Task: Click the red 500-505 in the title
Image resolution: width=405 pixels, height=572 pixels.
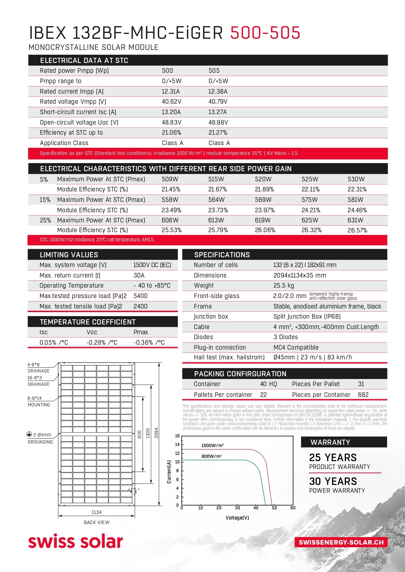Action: coord(265,33)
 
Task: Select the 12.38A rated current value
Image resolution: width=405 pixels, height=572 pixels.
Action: coord(218,91)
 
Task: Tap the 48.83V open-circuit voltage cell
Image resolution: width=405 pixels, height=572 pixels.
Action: coord(171,122)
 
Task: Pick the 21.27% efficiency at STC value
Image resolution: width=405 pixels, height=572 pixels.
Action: coord(218,133)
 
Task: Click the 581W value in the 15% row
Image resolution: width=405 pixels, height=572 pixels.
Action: coord(355,200)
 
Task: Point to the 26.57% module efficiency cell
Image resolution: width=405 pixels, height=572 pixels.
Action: coord(357,230)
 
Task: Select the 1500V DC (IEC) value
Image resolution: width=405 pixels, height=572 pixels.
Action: coord(152,265)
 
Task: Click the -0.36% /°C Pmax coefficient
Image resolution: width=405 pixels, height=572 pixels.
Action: coord(149,342)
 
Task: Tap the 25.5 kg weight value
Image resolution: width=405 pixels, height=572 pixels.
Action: coord(284,285)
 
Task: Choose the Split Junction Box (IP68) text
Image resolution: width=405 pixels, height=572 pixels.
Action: coord(307,316)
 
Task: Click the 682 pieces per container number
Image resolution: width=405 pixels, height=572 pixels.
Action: coord(363,395)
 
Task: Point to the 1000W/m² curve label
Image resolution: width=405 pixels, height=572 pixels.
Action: coord(212,445)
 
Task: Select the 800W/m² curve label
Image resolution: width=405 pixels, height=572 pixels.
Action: coord(211,456)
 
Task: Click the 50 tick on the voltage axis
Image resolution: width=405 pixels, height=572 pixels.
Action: coord(274,508)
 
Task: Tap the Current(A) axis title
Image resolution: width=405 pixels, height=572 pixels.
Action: coord(169,472)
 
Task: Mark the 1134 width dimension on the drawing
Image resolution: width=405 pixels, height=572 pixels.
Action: coord(96,512)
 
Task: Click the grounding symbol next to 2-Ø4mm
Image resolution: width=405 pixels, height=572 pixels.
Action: coord(29,434)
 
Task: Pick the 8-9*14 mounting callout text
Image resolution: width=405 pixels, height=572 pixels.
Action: coord(35,398)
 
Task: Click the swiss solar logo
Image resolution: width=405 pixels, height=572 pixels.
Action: coord(75,541)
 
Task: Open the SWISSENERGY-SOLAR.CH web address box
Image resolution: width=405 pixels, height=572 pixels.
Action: coord(341,542)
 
